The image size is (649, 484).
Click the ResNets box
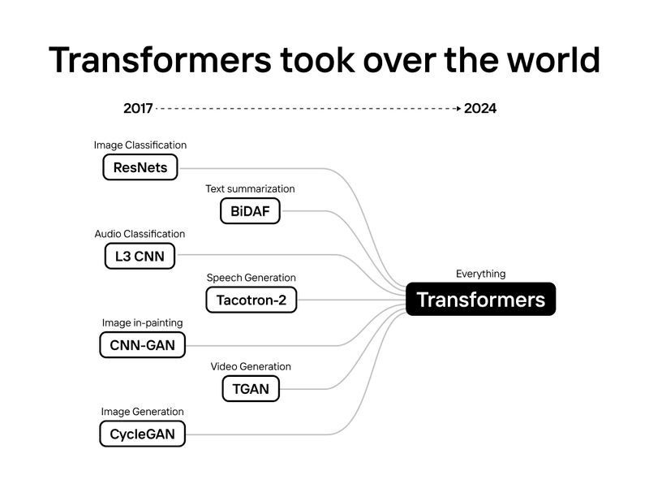click(x=140, y=168)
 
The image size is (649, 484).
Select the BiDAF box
click(x=250, y=212)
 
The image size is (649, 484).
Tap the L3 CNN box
click(x=140, y=257)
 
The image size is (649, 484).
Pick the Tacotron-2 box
click(x=251, y=300)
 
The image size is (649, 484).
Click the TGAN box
click(x=251, y=389)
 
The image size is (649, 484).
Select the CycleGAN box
click(x=142, y=434)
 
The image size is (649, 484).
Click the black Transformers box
click(x=480, y=300)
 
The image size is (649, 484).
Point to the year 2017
click(x=137, y=108)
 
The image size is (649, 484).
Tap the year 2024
click(x=480, y=108)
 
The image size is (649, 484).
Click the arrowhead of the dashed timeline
click(x=458, y=108)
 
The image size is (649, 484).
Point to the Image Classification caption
click(x=140, y=145)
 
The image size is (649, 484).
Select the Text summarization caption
click(x=250, y=189)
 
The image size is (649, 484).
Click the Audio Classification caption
click(x=140, y=234)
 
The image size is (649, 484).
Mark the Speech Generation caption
click(x=251, y=278)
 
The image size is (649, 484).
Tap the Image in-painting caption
click(x=142, y=322)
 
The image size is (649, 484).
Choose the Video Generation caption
click(x=251, y=366)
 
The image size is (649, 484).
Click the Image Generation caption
click(x=142, y=412)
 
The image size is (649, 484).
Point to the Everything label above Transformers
click(x=480, y=274)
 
